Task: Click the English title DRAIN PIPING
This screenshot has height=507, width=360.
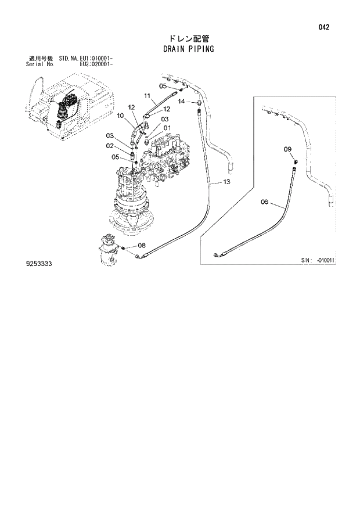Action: tap(189, 49)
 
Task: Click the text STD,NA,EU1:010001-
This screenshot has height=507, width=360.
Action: tap(85, 59)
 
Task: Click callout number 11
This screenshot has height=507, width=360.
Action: tap(147, 96)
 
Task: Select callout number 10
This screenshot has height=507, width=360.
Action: tap(121, 117)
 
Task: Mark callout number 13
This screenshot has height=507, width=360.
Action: tap(226, 182)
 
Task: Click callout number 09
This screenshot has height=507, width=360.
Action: tap(287, 150)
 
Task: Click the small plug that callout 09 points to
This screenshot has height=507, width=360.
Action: tap(295, 160)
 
